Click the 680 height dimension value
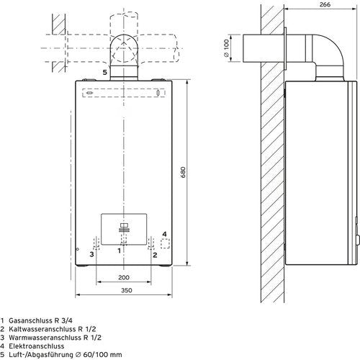(x=183, y=172)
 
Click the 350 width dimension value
(x=127, y=290)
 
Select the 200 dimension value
(x=124, y=277)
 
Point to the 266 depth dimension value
(x=325, y=4)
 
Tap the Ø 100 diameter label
(x=226, y=48)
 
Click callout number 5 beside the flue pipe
(x=104, y=72)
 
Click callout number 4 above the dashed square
(x=164, y=234)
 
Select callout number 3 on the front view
(x=91, y=254)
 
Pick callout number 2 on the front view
(x=155, y=255)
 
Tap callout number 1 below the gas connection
(x=119, y=251)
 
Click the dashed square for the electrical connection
(x=165, y=243)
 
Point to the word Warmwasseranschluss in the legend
(x=45, y=338)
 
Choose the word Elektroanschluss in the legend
(x=37, y=346)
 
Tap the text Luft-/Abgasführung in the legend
(x=41, y=355)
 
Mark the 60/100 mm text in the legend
(x=102, y=355)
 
